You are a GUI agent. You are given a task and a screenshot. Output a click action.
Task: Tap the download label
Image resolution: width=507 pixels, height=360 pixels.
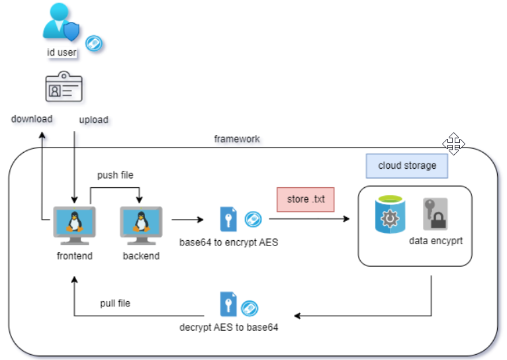(32, 119)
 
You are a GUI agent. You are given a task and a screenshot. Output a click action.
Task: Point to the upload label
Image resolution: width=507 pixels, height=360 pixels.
(94, 120)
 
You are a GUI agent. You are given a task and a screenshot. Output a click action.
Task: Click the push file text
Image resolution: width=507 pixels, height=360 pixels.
(116, 175)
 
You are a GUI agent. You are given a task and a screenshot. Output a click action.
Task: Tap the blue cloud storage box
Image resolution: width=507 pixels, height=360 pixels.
(407, 165)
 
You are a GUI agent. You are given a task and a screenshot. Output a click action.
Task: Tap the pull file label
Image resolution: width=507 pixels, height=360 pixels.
(115, 303)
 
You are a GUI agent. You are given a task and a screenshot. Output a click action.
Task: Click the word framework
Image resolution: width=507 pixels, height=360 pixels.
(237, 139)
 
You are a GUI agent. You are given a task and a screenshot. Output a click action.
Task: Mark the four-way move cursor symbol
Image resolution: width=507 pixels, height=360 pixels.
(453, 144)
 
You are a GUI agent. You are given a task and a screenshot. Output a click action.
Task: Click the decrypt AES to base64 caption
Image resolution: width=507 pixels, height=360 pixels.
(228, 327)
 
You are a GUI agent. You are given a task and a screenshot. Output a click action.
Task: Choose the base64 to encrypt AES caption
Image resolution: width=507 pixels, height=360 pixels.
(228, 242)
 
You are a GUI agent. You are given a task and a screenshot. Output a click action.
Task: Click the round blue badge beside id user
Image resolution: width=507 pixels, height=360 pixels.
(94, 44)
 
